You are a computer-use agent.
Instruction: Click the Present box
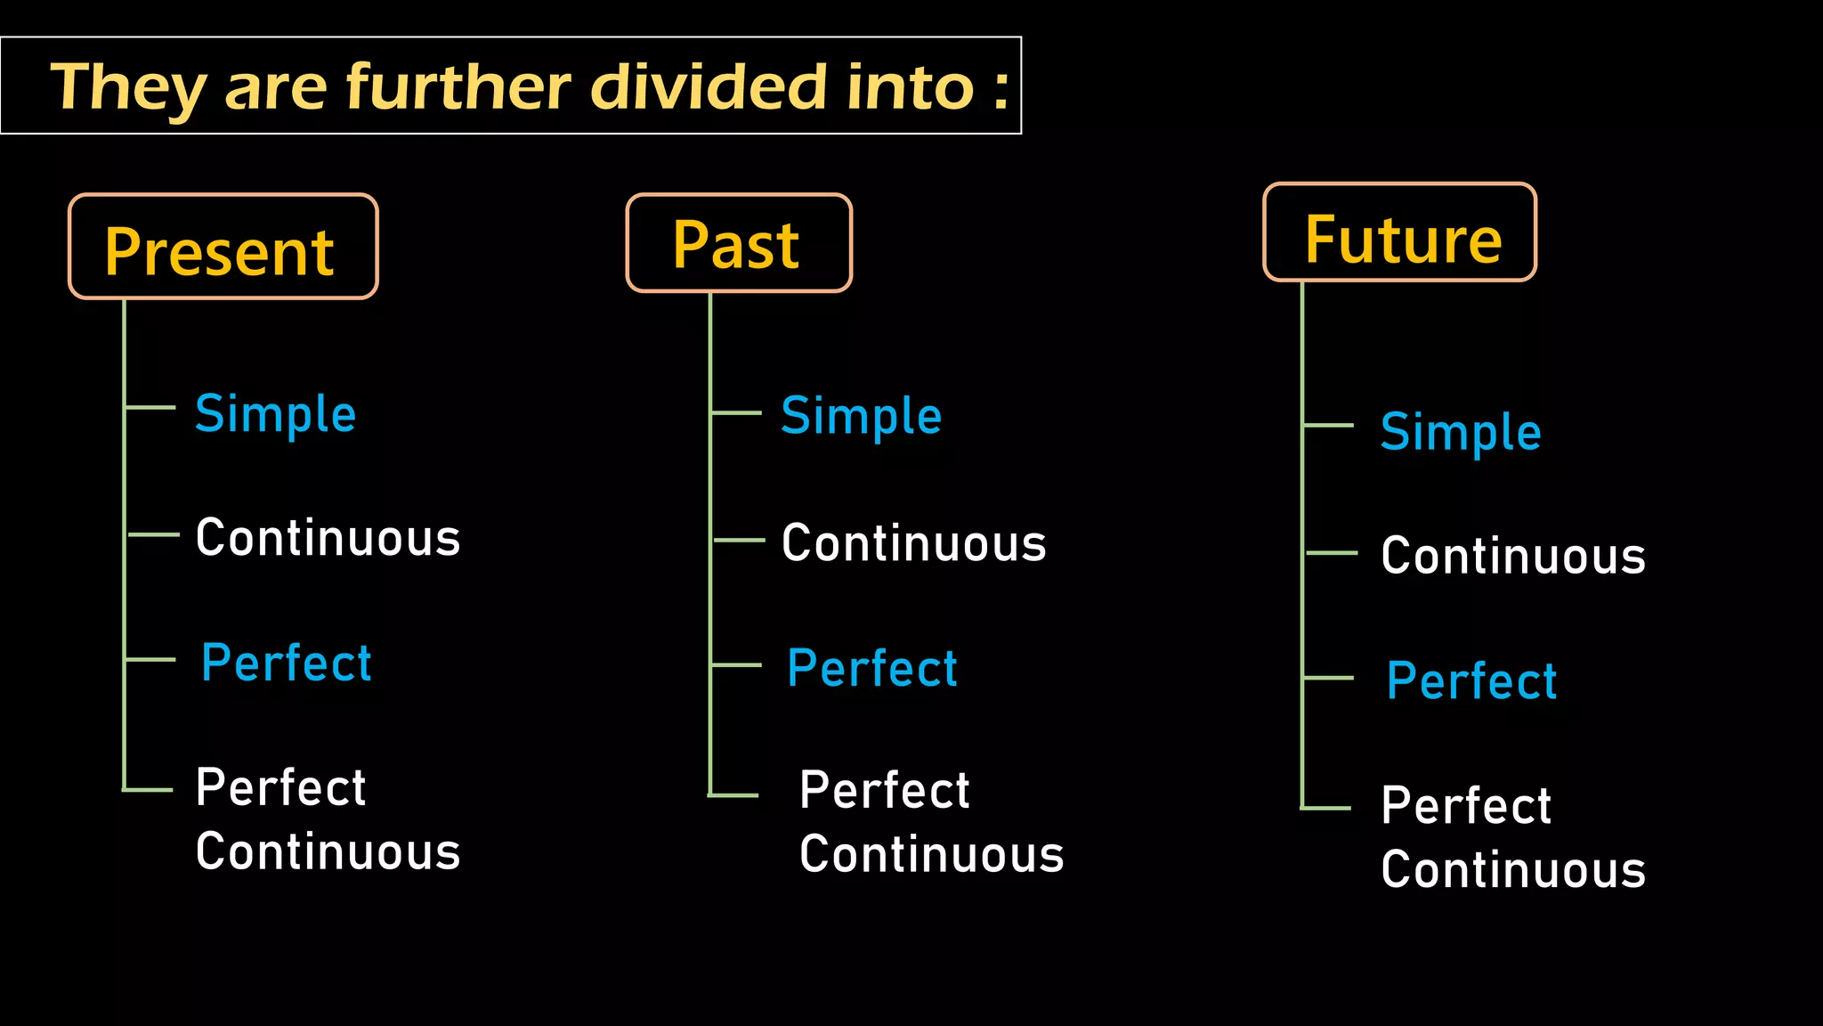pyautogui.click(x=223, y=247)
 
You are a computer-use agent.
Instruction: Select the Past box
pyautogui.click(x=739, y=243)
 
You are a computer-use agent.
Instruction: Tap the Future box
pyautogui.click(x=1399, y=233)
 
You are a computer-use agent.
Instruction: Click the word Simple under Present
pyautogui.click(x=276, y=414)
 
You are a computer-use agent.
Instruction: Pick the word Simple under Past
pyautogui.click(x=861, y=416)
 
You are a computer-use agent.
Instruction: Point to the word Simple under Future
pyautogui.click(x=1461, y=432)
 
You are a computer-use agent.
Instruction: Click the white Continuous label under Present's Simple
pyautogui.click(x=328, y=538)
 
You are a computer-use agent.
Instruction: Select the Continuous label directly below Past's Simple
pyautogui.click(x=913, y=543)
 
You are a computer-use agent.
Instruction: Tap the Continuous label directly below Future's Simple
pyautogui.click(x=1513, y=556)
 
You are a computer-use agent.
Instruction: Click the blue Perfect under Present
pyautogui.click(x=286, y=663)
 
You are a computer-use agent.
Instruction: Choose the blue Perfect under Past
pyautogui.click(x=872, y=668)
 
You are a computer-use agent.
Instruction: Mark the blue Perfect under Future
pyautogui.click(x=1471, y=681)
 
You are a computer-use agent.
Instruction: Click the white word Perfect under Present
pyautogui.click(x=280, y=787)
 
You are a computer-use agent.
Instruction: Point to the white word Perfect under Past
pyautogui.click(x=884, y=790)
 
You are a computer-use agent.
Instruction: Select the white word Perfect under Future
pyautogui.click(x=1466, y=806)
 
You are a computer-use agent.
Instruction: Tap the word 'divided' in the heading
pyautogui.click(x=709, y=87)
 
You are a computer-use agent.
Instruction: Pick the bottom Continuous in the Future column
pyautogui.click(x=1513, y=870)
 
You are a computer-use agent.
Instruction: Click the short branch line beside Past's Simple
pyautogui.click(x=737, y=413)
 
